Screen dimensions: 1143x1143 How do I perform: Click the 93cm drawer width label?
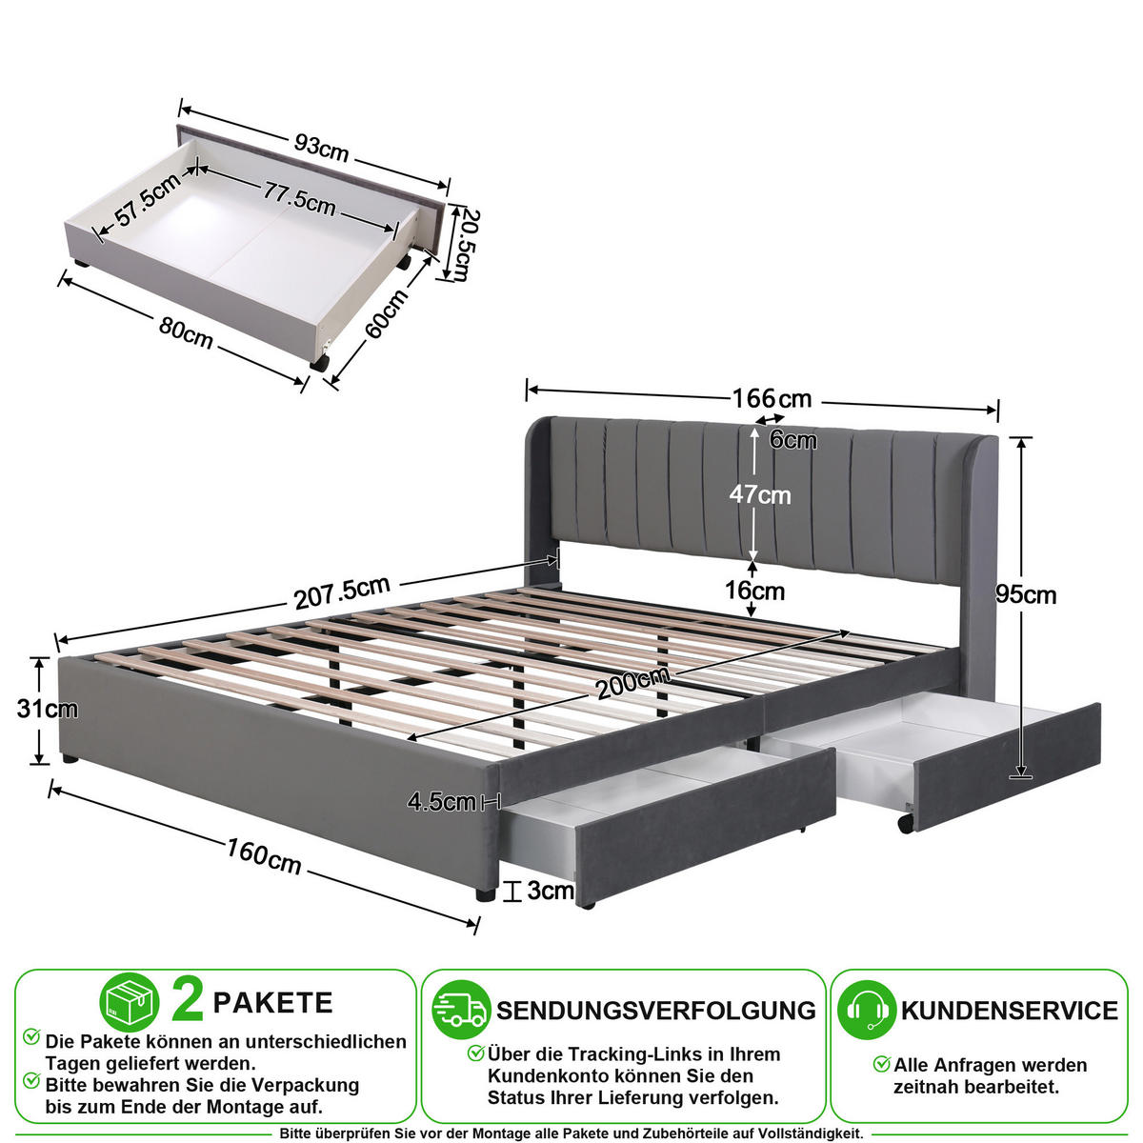pyautogui.click(x=322, y=149)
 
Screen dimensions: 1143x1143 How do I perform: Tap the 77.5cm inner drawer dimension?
pyautogui.click(x=299, y=199)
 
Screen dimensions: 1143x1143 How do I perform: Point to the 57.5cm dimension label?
pyautogui.click(x=148, y=200)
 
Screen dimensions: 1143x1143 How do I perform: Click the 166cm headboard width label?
pyautogui.click(x=772, y=398)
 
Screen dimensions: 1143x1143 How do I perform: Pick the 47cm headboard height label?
pyautogui.click(x=760, y=494)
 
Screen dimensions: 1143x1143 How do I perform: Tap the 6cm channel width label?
pyautogui.click(x=793, y=440)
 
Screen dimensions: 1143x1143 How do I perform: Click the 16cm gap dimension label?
pyautogui.click(x=754, y=591)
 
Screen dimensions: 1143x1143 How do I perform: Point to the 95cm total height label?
pyautogui.click(x=1026, y=595)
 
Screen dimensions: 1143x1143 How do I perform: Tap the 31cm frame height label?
pyautogui.click(x=48, y=709)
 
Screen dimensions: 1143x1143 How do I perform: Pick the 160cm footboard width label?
pyautogui.click(x=264, y=856)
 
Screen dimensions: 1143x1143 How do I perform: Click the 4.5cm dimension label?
pyautogui.click(x=442, y=802)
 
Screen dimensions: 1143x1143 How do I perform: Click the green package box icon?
pyautogui.click(x=130, y=1002)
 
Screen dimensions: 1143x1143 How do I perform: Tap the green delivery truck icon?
pyautogui.click(x=461, y=1010)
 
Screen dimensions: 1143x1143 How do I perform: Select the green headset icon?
pyautogui.click(x=866, y=1010)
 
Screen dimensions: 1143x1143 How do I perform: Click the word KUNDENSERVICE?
pyautogui.click(x=1010, y=1011)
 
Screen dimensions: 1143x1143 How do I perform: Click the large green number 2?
pyautogui.click(x=188, y=1001)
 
